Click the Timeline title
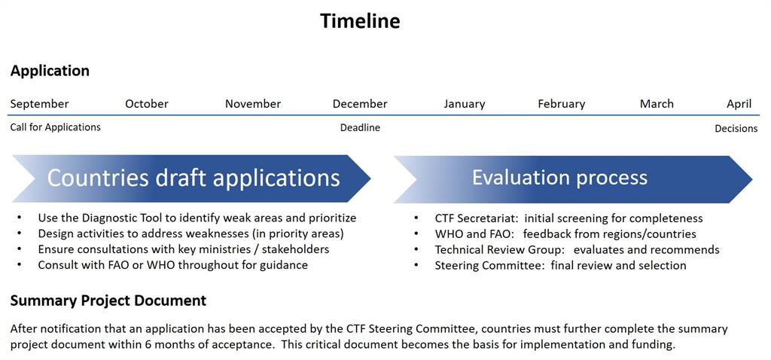(x=360, y=21)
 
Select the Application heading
(x=50, y=71)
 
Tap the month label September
(x=39, y=104)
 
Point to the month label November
(x=253, y=104)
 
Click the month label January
(x=464, y=104)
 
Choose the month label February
(x=562, y=104)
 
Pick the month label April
(x=739, y=104)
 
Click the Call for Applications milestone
(x=55, y=127)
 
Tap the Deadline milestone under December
(x=360, y=128)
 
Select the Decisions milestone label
(x=736, y=128)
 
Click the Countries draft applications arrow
(x=191, y=179)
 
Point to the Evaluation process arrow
(x=573, y=179)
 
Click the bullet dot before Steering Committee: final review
(x=416, y=265)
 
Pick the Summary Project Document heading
(x=108, y=301)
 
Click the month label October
(x=147, y=104)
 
